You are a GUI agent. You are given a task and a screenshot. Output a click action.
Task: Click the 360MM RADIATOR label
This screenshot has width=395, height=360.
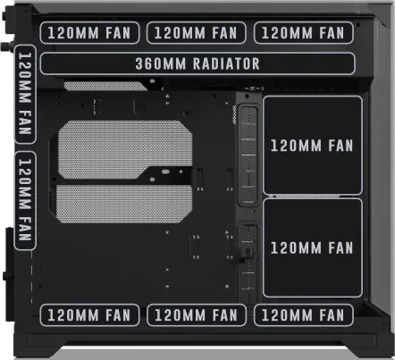point(197,63)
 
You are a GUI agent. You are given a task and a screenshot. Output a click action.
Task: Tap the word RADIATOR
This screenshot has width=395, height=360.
point(226,63)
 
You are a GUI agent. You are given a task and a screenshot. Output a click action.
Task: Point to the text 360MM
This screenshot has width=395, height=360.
point(161,63)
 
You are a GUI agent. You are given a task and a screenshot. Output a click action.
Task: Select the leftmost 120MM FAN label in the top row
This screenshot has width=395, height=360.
point(89,33)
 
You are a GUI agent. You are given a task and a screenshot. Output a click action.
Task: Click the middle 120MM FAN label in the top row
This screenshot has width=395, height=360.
point(197,33)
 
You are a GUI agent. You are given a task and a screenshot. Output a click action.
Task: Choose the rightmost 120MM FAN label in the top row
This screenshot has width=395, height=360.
point(304,33)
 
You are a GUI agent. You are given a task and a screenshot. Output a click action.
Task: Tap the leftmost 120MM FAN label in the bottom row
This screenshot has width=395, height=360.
point(89,315)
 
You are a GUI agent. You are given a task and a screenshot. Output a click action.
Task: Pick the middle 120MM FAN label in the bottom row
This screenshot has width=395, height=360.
point(197,315)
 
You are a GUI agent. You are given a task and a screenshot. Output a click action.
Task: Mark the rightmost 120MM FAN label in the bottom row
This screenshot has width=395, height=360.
point(304,315)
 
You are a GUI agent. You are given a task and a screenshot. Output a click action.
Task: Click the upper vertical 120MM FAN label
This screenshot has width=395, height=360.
point(25,95)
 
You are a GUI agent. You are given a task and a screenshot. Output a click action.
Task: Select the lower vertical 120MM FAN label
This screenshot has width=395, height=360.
point(25,200)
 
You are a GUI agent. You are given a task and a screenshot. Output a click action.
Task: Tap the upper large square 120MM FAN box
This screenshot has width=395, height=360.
point(313,146)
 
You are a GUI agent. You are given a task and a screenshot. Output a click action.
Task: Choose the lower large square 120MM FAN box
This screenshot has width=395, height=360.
point(313,247)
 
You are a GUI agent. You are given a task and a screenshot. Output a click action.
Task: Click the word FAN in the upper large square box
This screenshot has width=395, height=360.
point(340,146)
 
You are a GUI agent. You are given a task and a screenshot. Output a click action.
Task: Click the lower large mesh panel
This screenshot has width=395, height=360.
point(123,204)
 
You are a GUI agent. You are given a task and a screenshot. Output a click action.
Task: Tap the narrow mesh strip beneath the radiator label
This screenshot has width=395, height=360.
point(105,86)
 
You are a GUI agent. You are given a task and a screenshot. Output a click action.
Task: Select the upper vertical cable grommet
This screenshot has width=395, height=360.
point(248,155)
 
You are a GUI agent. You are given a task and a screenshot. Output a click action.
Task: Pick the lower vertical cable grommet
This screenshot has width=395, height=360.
point(248,262)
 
